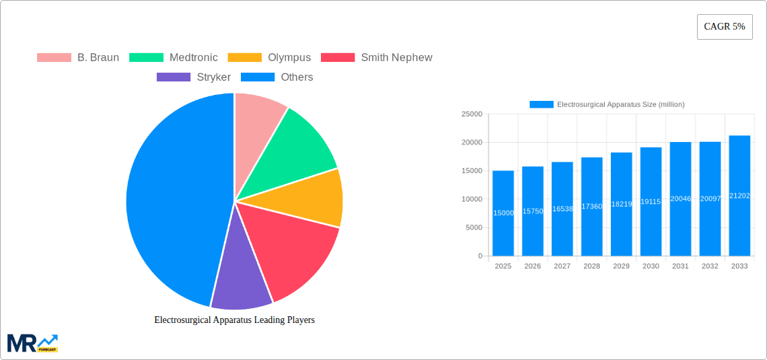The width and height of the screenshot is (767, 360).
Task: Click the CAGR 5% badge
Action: (725, 27)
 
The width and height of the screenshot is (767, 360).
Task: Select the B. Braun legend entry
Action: (78, 58)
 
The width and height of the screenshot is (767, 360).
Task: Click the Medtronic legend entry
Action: (174, 58)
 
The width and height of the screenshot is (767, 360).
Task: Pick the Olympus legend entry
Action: (270, 58)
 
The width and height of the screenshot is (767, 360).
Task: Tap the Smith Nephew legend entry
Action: (377, 58)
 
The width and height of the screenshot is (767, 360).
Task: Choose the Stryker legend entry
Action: (194, 77)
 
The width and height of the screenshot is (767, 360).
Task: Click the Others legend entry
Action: (277, 77)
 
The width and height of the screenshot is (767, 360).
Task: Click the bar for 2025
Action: (503, 213)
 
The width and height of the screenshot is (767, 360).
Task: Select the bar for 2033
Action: (739, 196)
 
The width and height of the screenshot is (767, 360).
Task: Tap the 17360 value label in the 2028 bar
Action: (591, 207)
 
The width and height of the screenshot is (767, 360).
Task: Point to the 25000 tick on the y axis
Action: (471, 114)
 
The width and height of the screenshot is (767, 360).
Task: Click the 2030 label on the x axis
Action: (651, 266)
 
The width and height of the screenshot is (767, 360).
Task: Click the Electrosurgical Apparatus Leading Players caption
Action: (234, 320)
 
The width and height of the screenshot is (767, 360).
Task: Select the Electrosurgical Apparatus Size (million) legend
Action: (607, 104)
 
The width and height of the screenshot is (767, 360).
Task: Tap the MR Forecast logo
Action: (32, 343)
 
